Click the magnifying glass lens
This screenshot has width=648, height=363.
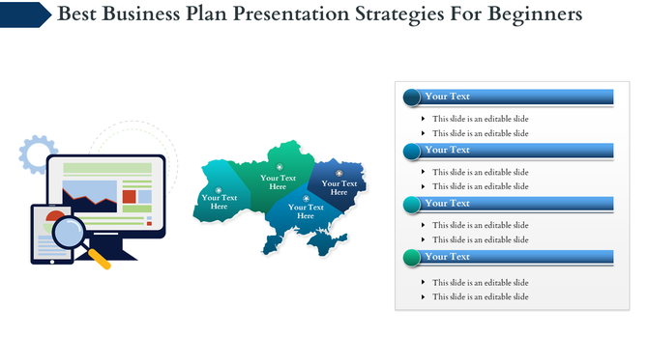point(70,233)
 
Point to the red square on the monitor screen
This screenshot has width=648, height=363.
point(129,197)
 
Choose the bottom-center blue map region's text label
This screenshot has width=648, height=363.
point(306,211)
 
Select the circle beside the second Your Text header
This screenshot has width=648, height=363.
point(411,151)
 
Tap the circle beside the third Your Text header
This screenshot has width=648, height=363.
point(411,204)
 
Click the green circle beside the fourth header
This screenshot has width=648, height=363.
point(411,257)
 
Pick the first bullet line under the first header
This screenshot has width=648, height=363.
point(480,119)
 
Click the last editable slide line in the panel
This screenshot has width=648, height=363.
point(480,296)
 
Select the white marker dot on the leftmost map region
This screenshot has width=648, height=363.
point(219,190)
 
